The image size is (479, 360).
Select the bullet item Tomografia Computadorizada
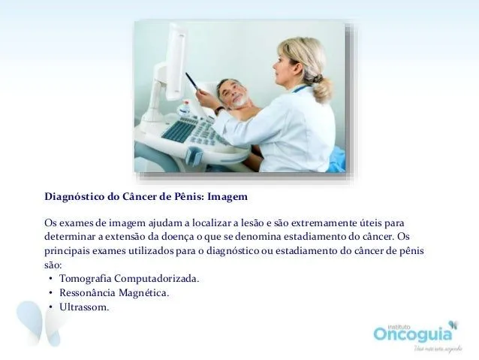129,278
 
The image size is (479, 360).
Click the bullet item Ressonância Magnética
114,292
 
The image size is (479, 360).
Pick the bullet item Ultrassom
84,307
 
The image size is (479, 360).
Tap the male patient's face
235,93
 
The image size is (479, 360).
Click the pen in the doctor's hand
193,81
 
